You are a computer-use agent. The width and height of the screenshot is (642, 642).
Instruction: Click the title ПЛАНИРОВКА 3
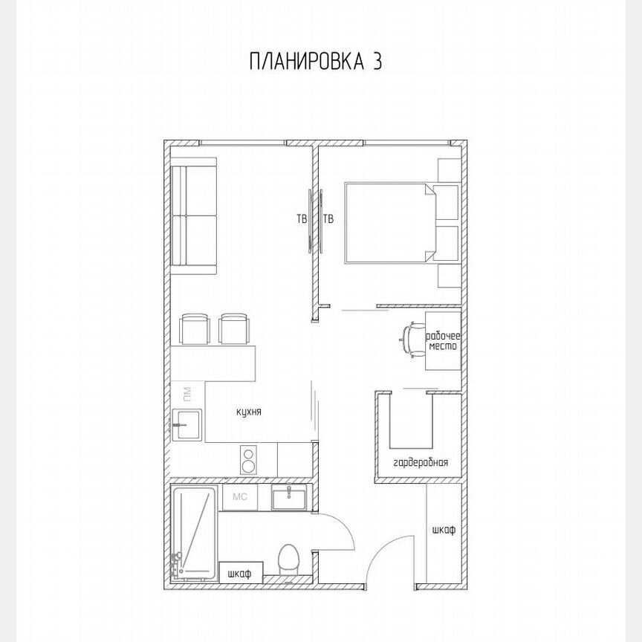pyautogui.click(x=316, y=61)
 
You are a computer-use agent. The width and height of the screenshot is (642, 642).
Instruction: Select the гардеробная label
pyautogui.click(x=421, y=462)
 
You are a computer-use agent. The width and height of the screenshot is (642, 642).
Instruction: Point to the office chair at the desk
pyautogui.click(x=409, y=340)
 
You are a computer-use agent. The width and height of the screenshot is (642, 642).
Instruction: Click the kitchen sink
pyautogui.click(x=187, y=424)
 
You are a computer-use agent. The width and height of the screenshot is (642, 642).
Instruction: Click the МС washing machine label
pyautogui.click(x=240, y=496)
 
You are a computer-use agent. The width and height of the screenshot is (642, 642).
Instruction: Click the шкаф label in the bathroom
pyautogui.click(x=241, y=573)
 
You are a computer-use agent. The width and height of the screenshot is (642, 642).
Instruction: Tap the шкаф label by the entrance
pyautogui.click(x=444, y=531)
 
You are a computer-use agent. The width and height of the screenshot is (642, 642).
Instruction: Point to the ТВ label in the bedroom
pyautogui.click(x=328, y=219)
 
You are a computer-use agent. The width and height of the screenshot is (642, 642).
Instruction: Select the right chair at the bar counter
pyautogui.click(x=235, y=328)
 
